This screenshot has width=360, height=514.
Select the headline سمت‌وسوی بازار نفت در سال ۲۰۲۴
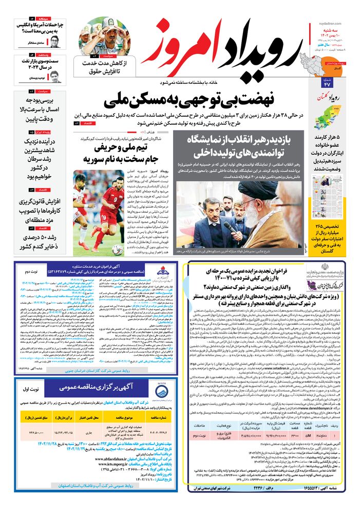point(39,64)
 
